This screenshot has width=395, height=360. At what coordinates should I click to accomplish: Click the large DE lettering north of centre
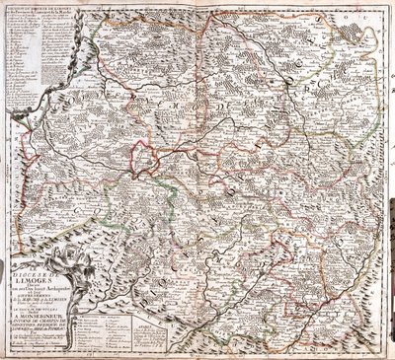pyautogui.click(x=216, y=95)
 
